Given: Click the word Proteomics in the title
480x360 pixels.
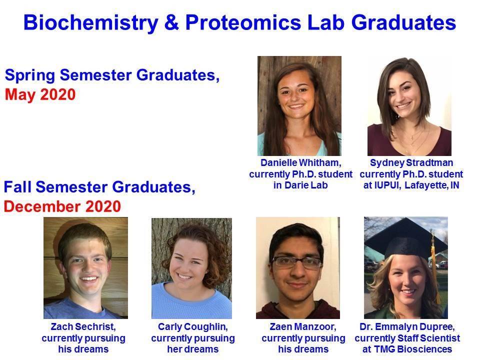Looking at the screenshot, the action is point(243,23).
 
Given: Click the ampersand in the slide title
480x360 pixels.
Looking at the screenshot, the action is point(171,22).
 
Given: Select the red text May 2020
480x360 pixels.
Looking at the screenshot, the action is point(40,94).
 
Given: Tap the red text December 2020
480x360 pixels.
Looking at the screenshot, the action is point(62,206).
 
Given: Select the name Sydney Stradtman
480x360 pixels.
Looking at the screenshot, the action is point(411,162).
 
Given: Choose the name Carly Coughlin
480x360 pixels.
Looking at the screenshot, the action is point(193,326).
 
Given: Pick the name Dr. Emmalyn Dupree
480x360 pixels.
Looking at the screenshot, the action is point(407,326).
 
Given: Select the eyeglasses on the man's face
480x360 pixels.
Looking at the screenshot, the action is point(296,262).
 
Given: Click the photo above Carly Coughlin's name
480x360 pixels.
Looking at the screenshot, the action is point(191,268).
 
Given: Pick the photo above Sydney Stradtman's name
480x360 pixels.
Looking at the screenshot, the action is point(409,106).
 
